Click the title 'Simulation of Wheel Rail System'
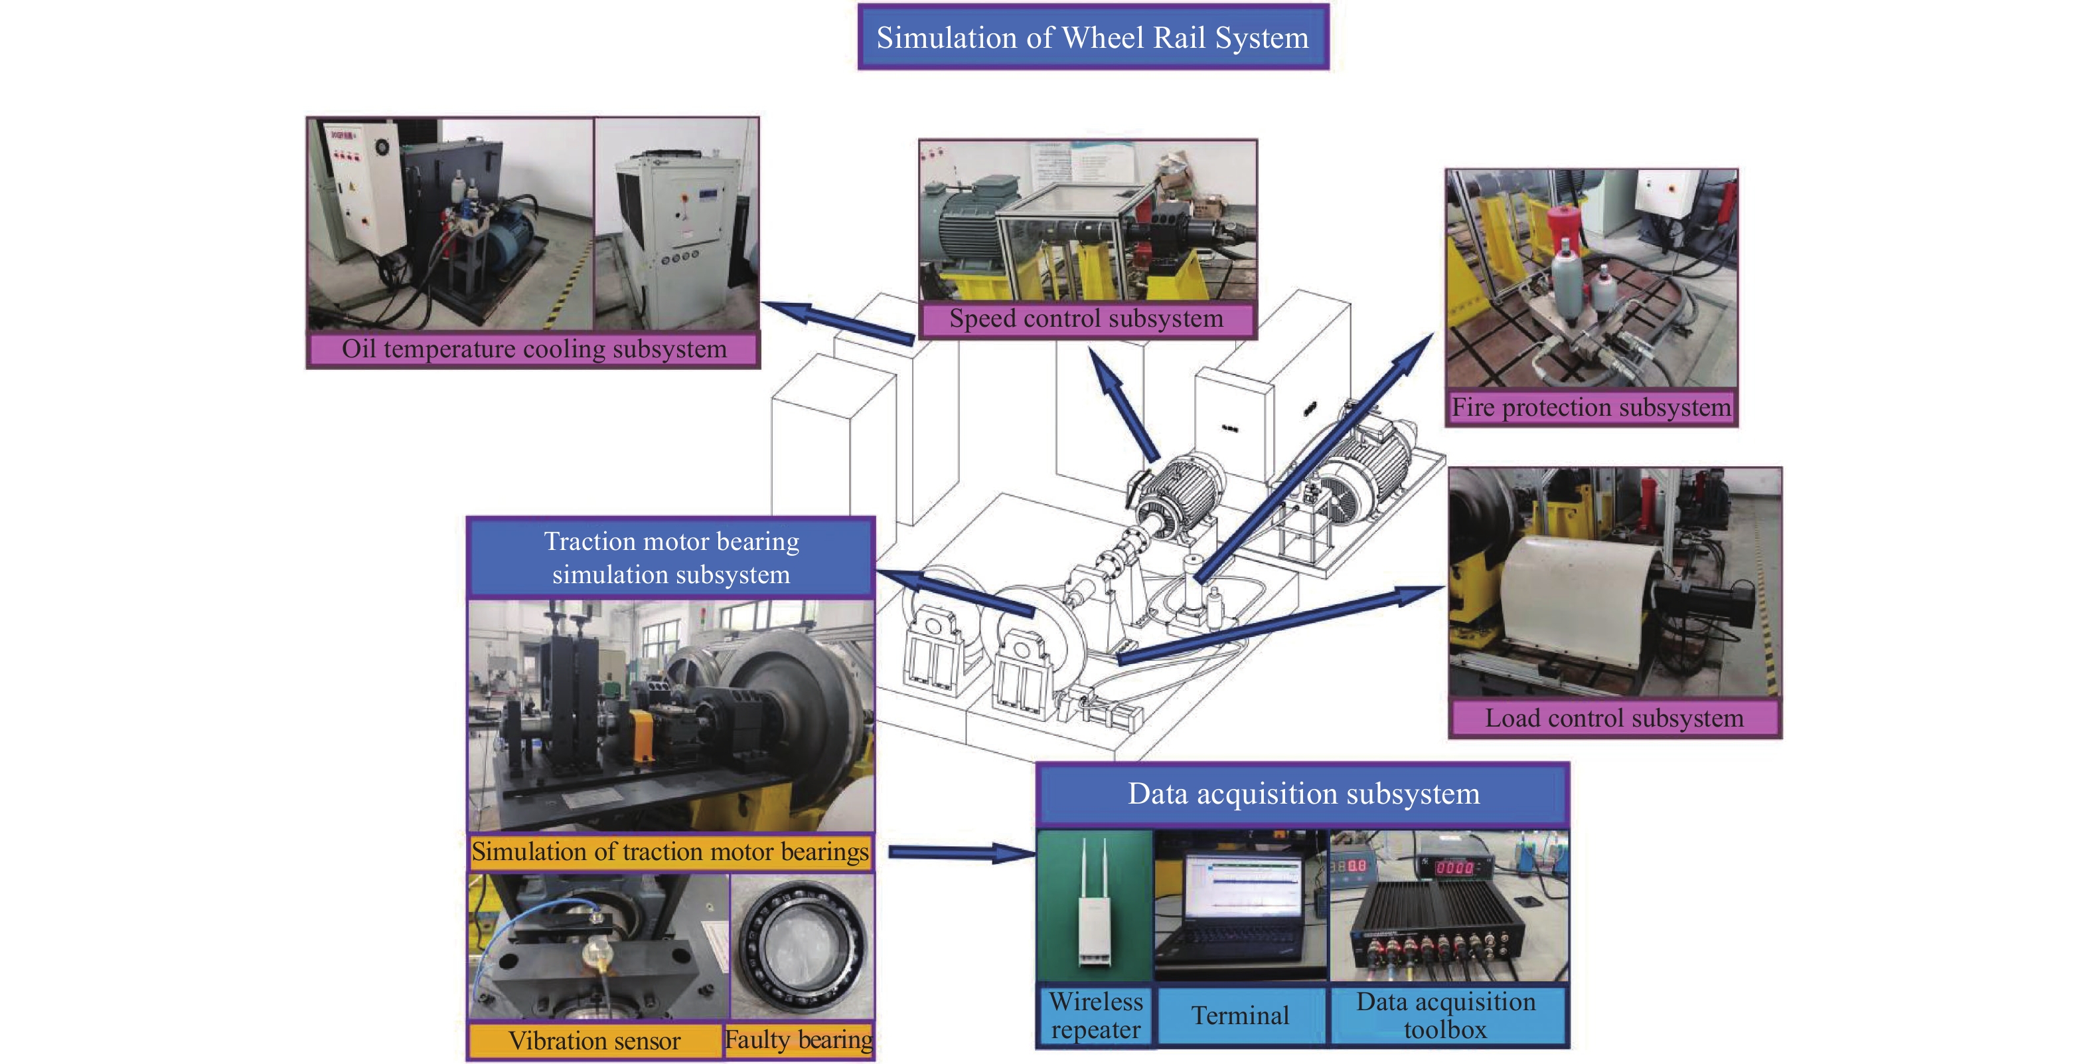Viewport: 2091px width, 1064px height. [x=1093, y=37]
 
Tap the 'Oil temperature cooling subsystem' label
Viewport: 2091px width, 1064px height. [x=533, y=349]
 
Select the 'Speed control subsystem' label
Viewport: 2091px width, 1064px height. [x=1086, y=318]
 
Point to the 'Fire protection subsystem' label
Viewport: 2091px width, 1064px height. [x=1591, y=407]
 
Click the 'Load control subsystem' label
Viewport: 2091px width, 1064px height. [x=1614, y=718]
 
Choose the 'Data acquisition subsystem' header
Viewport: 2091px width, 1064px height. [x=1303, y=794]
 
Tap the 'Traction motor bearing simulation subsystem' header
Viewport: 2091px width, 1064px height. [x=671, y=558]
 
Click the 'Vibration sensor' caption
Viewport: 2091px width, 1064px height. [x=595, y=1041]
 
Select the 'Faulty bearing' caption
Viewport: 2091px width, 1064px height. [x=799, y=1039]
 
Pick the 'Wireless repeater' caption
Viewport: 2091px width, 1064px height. [x=1096, y=1016]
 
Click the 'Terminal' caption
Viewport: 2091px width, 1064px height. [x=1240, y=1016]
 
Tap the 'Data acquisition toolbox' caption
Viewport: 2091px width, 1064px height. [x=1446, y=1016]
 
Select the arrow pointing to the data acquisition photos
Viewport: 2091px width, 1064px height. [x=962, y=852]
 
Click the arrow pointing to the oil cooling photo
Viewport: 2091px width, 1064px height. [x=838, y=322]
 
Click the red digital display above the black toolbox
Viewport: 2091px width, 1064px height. [x=1454, y=867]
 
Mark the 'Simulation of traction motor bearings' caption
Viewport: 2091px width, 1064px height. [x=670, y=851]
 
